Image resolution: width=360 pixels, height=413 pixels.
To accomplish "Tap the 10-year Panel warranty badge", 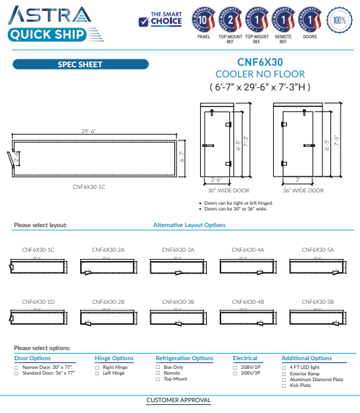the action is point(203,19).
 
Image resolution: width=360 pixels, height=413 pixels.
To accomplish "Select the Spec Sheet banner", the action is point(80,64).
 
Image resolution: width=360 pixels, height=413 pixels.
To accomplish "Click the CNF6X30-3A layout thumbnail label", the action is point(178,250).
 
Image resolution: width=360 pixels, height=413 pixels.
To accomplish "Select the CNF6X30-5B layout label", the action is point(317,301).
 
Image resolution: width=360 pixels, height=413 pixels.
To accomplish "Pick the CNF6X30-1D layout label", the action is point(38,301).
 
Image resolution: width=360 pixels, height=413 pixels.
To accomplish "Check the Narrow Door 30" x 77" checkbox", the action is point(17,367).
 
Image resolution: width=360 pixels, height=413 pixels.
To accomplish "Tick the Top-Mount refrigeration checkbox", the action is point(158,379).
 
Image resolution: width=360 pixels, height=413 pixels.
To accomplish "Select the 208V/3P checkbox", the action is point(235,373).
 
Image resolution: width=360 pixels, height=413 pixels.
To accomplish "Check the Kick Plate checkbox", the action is point(283,385).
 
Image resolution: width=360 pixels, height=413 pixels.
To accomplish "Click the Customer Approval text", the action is point(179,400).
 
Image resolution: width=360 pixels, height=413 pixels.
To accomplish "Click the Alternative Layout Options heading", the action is point(189,225).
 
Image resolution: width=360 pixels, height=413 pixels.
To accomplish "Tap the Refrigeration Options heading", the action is point(184,358).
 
